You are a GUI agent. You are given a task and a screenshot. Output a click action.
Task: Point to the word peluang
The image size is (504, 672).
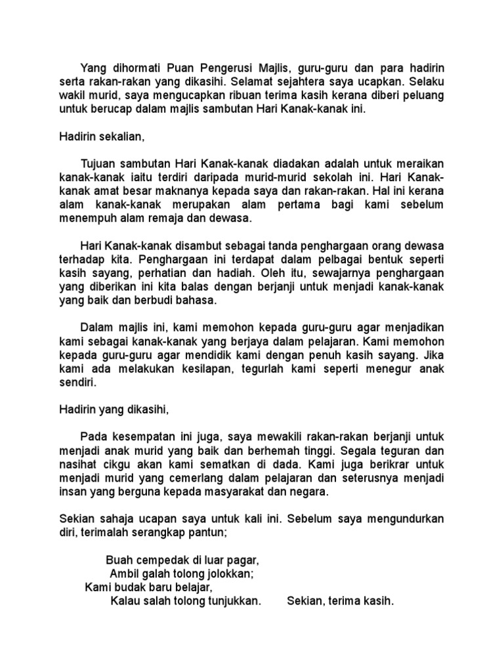(421, 95)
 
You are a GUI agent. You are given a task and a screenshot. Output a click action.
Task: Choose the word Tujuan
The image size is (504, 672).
(98, 163)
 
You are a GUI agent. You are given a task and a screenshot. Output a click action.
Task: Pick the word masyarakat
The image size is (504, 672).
(238, 492)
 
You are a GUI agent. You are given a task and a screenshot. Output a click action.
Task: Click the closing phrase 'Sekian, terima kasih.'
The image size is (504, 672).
(341, 601)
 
